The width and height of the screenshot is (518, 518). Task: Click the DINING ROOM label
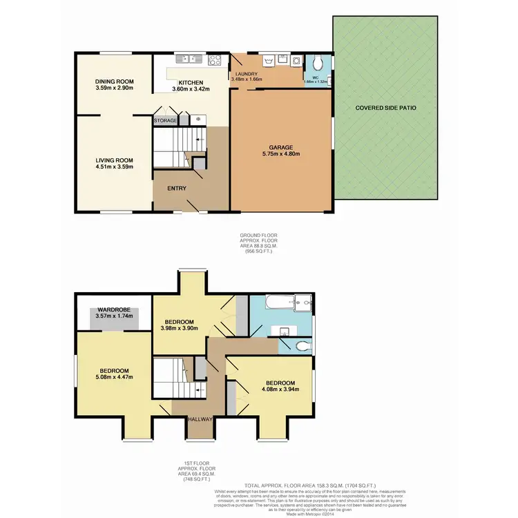114,81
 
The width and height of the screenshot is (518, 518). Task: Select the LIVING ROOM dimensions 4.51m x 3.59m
114,166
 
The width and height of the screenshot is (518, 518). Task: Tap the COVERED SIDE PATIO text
385,108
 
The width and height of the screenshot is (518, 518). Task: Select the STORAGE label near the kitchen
165,121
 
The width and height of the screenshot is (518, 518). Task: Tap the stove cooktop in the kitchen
214,59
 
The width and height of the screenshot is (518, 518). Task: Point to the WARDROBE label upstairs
114,309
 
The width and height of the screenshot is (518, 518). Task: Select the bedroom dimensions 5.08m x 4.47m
114,377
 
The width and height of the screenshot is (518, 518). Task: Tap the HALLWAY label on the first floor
198,420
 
